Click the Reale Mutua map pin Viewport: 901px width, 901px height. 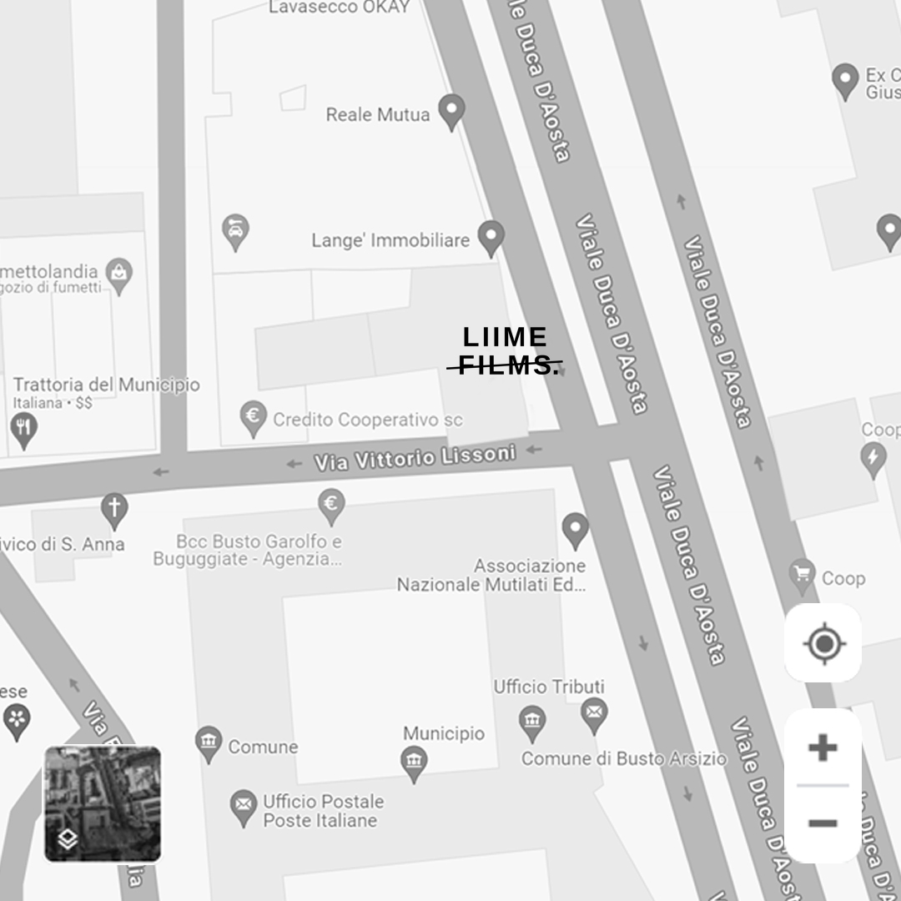click(x=451, y=111)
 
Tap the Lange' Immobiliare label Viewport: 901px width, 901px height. click(x=390, y=240)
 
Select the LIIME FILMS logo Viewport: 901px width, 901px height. click(x=506, y=351)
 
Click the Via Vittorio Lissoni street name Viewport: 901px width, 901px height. click(x=415, y=457)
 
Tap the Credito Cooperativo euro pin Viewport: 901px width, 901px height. click(x=253, y=416)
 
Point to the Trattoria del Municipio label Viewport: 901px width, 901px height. click(x=107, y=385)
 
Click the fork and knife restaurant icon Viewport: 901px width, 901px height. click(x=23, y=429)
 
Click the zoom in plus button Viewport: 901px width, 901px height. click(x=823, y=747)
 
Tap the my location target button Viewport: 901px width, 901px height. click(x=823, y=643)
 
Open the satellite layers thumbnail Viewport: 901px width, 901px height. click(x=102, y=803)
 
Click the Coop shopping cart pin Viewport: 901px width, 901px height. click(x=803, y=575)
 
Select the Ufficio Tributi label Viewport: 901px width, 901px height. click(x=549, y=687)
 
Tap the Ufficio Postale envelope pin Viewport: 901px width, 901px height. click(x=244, y=808)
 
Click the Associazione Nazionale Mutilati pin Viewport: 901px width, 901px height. click(x=575, y=528)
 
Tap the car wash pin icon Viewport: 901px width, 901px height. click(x=236, y=230)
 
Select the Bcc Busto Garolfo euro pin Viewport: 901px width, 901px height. click(x=332, y=505)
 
